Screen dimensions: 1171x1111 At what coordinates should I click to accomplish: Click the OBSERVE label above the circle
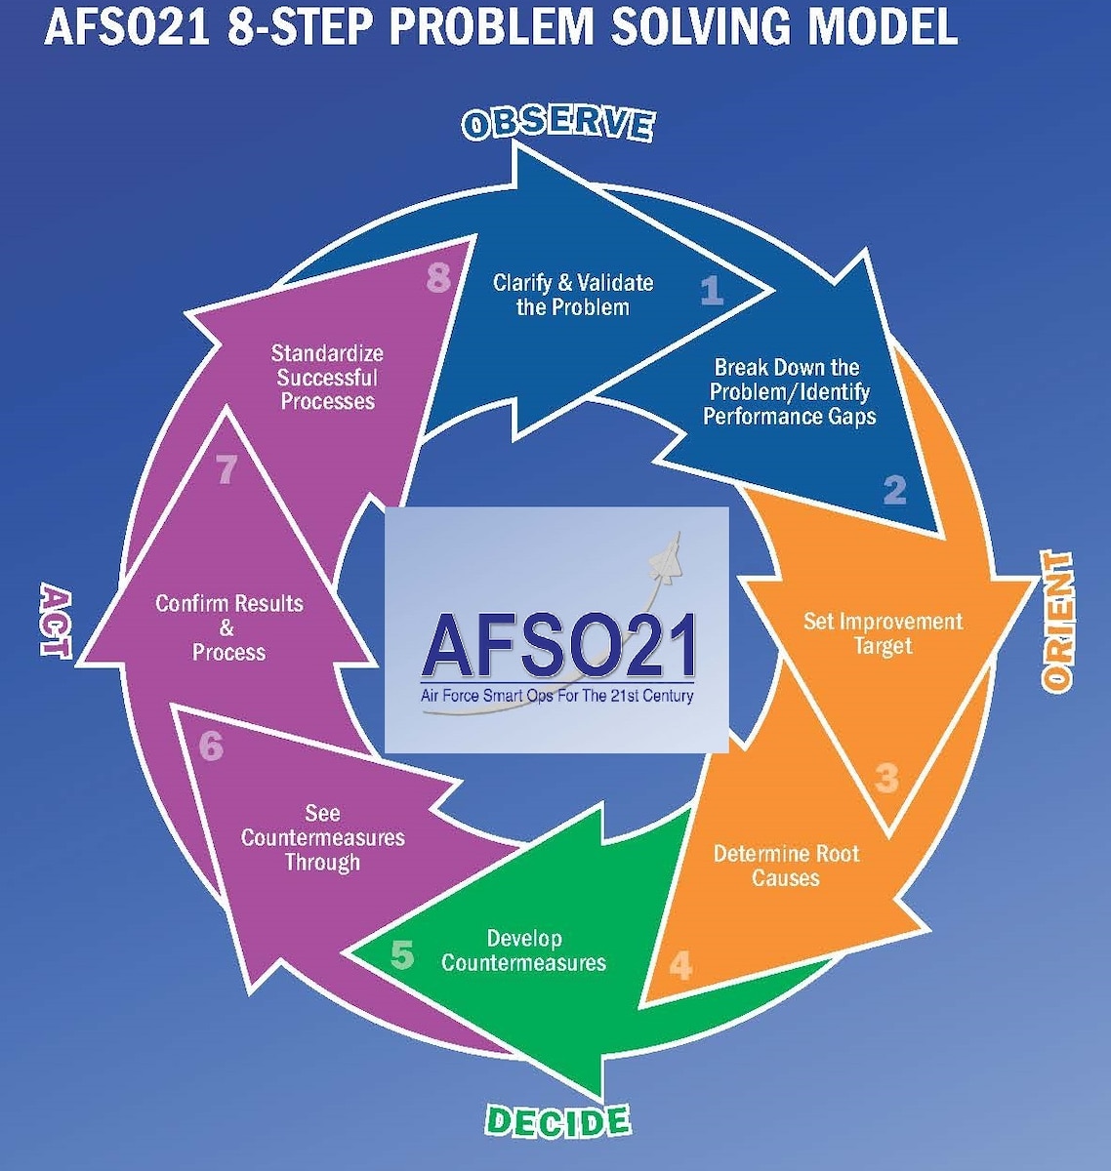(x=557, y=124)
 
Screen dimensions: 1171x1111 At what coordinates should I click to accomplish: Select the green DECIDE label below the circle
(x=557, y=1121)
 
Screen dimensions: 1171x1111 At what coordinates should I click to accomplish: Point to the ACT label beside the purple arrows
(x=57, y=622)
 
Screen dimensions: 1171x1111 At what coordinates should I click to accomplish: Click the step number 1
(x=712, y=290)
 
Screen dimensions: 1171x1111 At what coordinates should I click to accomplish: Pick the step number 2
(x=894, y=489)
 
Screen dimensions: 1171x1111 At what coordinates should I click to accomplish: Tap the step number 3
(x=886, y=779)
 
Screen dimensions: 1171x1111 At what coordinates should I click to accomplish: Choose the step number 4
(x=680, y=965)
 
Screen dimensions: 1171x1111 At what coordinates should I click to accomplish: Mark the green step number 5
(x=402, y=954)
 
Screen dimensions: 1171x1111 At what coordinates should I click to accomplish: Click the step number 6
(x=211, y=747)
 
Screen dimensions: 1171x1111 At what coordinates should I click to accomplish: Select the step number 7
(x=226, y=470)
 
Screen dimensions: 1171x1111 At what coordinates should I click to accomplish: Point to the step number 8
(x=438, y=278)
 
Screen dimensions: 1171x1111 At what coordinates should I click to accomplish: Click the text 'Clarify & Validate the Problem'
(x=573, y=295)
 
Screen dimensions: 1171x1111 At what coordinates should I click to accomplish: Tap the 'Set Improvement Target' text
(x=883, y=633)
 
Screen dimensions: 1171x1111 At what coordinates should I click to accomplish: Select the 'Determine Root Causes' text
(x=786, y=866)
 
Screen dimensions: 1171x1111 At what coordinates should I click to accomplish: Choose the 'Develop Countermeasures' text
(x=524, y=950)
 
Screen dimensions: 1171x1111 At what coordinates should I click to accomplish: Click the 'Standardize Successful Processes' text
(x=327, y=377)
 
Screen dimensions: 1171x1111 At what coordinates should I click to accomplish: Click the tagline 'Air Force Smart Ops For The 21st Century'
(x=556, y=696)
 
